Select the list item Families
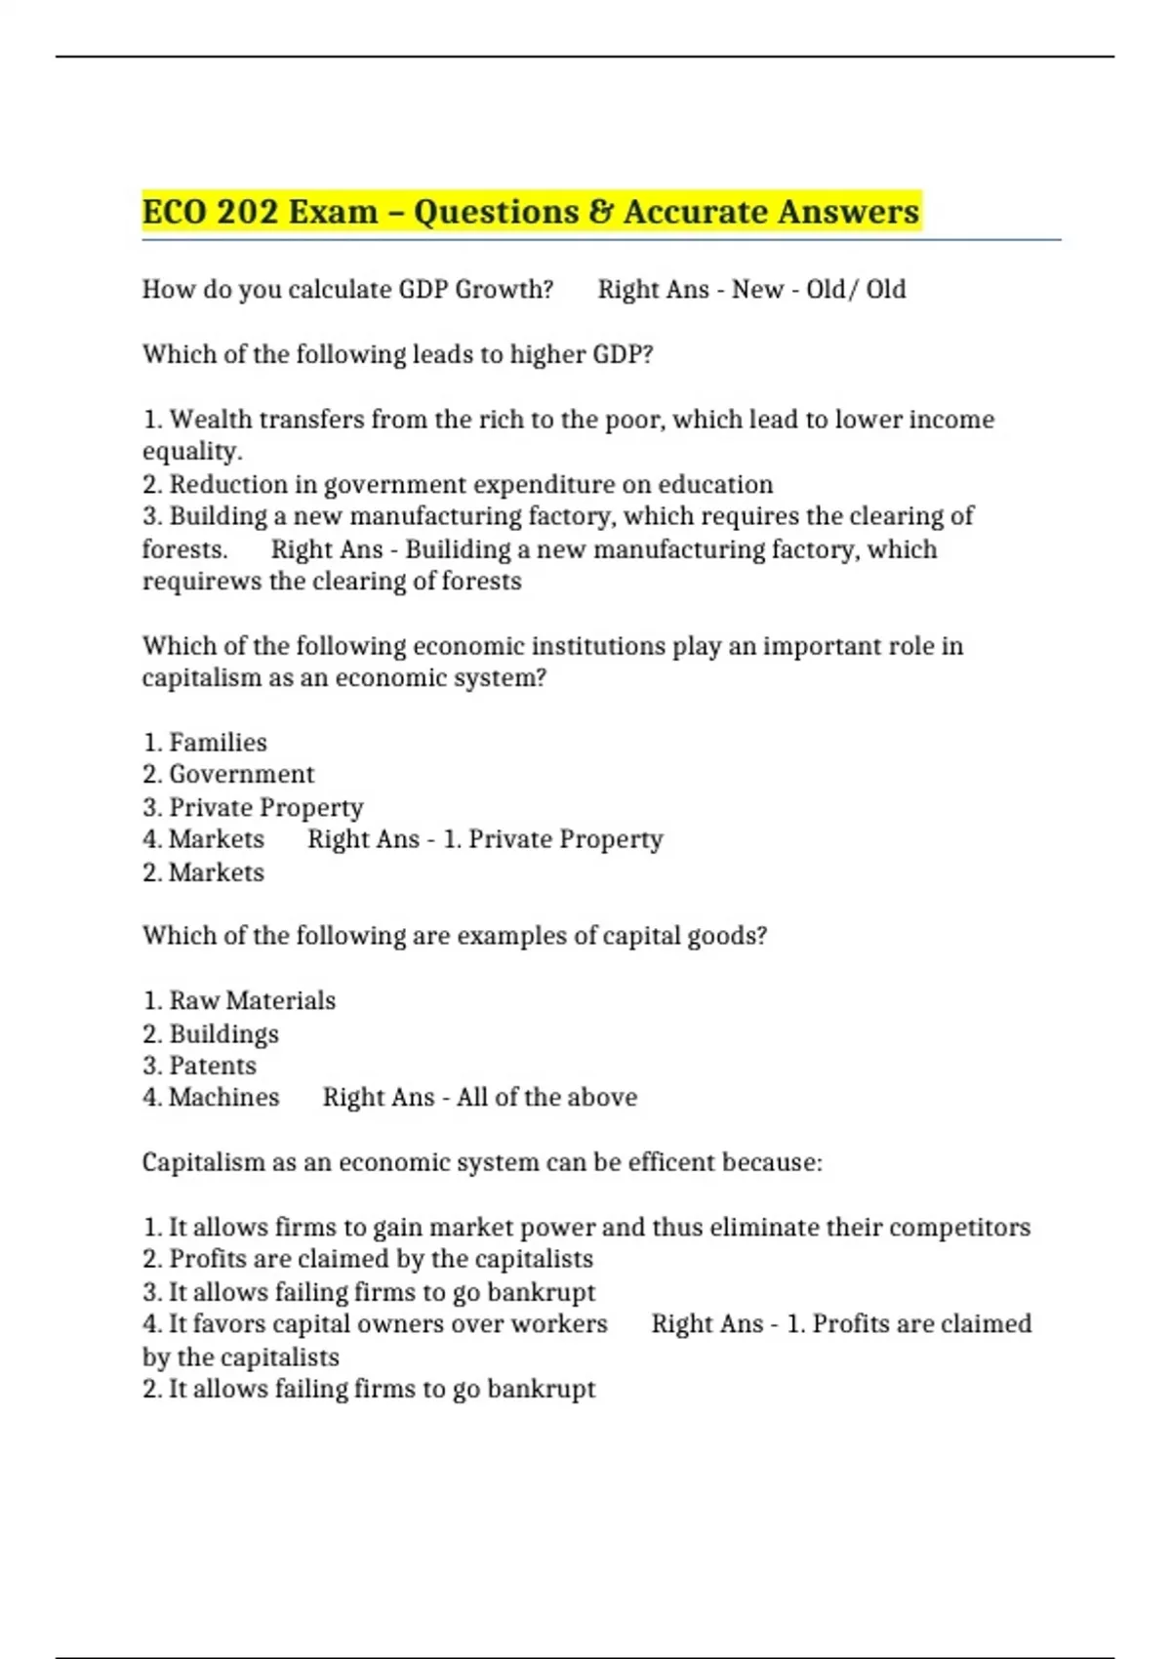click(218, 743)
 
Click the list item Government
click(241, 775)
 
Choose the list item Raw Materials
click(252, 1001)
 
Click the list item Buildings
click(223, 1033)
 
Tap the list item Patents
click(213, 1066)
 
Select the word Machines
click(223, 1098)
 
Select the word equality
click(191, 452)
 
